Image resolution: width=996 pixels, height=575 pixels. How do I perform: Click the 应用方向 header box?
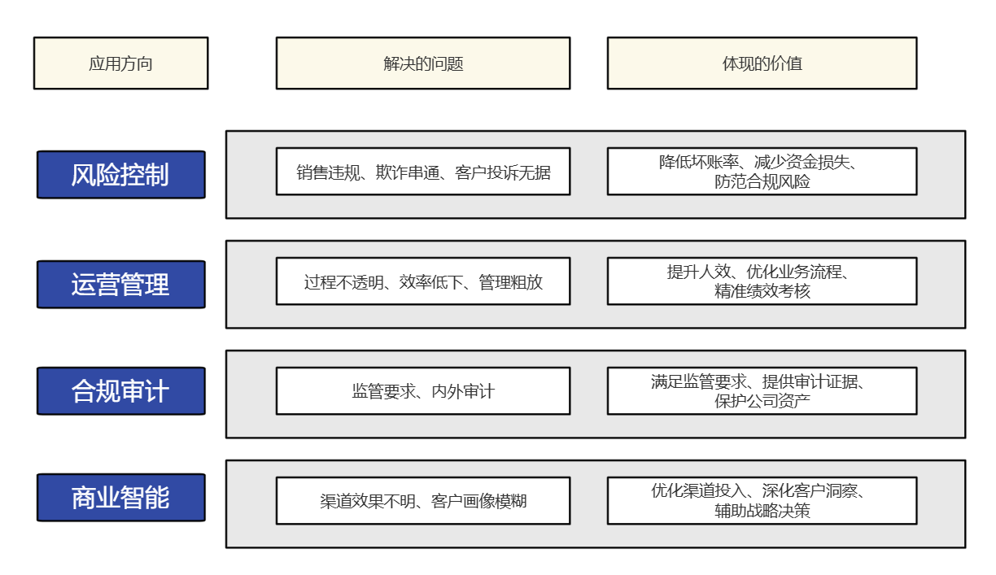pos(120,63)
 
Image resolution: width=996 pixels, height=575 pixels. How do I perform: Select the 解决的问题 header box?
pos(422,63)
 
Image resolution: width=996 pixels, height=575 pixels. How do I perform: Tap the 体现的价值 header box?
pos(762,63)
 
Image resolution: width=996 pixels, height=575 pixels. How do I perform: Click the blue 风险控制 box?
pos(120,174)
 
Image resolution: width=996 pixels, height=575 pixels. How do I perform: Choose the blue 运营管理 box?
pos(120,284)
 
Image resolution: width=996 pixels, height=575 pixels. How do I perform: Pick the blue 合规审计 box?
pos(120,390)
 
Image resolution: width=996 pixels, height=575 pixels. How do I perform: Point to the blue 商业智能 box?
pos(120,497)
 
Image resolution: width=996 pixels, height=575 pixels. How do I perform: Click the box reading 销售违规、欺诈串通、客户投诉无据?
pos(422,172)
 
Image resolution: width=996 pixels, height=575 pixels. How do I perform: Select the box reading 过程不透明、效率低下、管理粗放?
pos(422,281)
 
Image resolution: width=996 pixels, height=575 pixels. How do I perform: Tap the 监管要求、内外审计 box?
pos(422,391)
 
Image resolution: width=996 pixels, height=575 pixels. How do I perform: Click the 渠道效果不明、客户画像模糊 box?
pos(422,501)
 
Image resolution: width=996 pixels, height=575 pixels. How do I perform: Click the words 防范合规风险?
pos(762,182)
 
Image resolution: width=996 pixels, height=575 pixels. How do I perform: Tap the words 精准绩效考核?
pos(762,291)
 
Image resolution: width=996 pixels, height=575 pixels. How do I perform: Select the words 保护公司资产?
pos(762,401)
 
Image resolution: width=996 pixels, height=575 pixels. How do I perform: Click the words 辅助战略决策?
pos(762,511)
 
